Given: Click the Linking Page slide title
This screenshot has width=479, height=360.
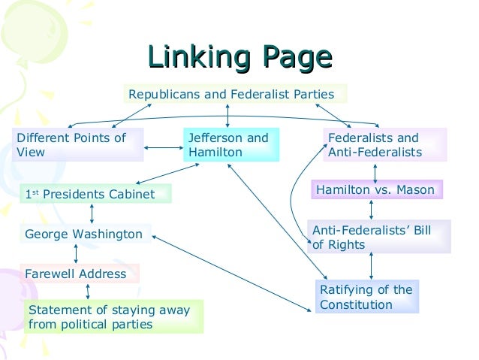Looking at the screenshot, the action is pyautogui.click(x=239, y=58).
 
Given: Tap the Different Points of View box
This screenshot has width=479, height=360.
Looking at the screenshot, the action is pyautogui.click(x=78, y=145).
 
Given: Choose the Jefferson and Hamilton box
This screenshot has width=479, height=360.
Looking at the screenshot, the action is pyautogui.click(x=231, y=145).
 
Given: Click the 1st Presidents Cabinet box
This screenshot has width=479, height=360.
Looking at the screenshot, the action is pyautogui.click(x=95, y=194).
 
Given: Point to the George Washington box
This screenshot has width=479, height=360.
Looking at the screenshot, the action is pyautogui.click(x=85, y=234).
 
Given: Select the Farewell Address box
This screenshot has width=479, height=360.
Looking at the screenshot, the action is pyautogui.click(x=80, y=274).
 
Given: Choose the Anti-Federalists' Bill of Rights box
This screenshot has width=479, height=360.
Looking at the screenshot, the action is pyautogui.click(x=378, y=237).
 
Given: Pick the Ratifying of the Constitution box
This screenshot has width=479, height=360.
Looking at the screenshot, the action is pyautogui.click(x=366, y=297).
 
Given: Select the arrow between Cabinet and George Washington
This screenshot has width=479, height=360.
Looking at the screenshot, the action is pyautogui.click(x=92, y=213).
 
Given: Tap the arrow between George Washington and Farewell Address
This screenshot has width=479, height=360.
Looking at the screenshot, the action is pyautogui.click(x=76, y=253).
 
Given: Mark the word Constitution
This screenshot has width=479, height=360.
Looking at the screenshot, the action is pyautogui.click(x=356, y=304).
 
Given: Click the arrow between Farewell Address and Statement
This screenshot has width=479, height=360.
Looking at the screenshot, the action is pyautogui.click(x=89, y=291).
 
